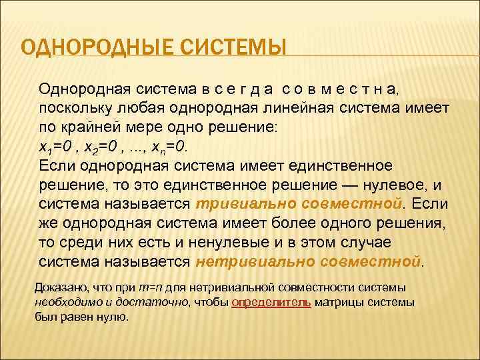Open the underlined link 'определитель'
[x=271, y=302]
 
